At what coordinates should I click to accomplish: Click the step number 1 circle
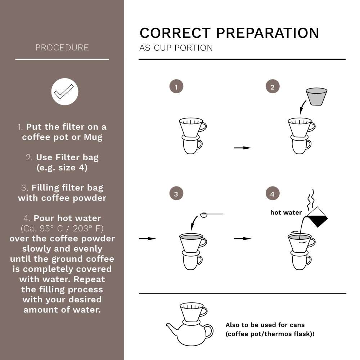pyautogui.click(x=176, y=87)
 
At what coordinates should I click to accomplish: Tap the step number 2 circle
pyautogui.click(x=272, y=87)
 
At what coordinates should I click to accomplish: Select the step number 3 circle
pyautogui.click(x=176, y=194)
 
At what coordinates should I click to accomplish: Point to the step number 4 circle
pyautogui.click(x=272, y=194)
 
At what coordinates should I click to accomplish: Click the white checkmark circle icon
pyautogui.click(x=64, y=92)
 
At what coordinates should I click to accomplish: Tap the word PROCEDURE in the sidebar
pyautogui.click(x=62, y=48)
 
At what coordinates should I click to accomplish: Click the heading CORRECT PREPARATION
pyautogui.click(x=229, y=33)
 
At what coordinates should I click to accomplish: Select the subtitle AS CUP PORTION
pyautogui.click(x=176, y=48)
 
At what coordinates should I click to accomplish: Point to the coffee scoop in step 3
pyautogui.click(x=204, y=215)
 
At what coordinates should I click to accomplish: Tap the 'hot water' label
pyautogui.click(x=286, y=212)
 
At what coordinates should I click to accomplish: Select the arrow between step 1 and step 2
pyautogui.click(x=242, y=148)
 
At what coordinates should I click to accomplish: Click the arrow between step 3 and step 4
pyautogui.click(x=242, y=238)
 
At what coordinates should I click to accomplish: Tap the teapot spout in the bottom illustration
pyautogui.click(x=171, y=328)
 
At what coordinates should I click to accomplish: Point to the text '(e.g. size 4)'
pyautogui.click(x=62, y=168)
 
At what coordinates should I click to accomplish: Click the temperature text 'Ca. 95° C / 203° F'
pyautogui.click(x=62, y=228)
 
